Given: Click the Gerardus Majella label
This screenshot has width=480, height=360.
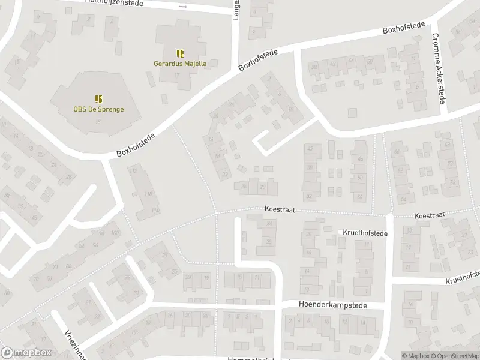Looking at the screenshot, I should (x=180, y=64).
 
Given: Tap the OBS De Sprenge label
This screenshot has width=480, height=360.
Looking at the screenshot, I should (x=98, y=109).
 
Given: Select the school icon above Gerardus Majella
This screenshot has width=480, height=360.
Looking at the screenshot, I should (x=180, y=54).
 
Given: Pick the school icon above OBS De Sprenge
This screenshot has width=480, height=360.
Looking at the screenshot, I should (x=98, y=99).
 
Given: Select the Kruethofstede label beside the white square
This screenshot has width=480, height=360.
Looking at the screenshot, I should (x=365, y=232).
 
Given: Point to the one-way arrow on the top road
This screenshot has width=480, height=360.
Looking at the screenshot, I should (x=183, y=7).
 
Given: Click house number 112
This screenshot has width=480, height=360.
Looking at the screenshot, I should (x=133, y=171).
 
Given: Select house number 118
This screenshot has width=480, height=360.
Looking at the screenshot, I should (x=148, y=193).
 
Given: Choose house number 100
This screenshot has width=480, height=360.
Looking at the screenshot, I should (x=115, y=232).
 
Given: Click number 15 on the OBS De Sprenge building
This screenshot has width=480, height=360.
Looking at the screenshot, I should (x=98, y=122).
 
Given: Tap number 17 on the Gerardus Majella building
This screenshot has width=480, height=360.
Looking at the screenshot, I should (x=177, y=74).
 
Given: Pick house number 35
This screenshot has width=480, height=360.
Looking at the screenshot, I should (x=7, y=194).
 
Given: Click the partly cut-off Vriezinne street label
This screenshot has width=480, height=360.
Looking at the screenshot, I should (x=71, y=344).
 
